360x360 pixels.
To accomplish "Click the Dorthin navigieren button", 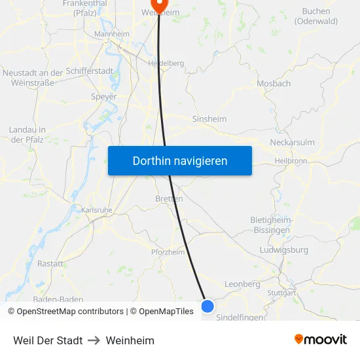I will tap(180, 160).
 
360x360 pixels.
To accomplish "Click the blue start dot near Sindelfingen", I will tap(207, 306).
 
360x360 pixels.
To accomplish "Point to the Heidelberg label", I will tap(166, 63).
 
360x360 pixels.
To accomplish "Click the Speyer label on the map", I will tap(103, 97).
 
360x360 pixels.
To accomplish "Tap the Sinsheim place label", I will tap(209, 119).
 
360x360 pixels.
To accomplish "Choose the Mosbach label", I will tap(274, 84).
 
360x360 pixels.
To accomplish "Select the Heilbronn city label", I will tap(291, 160).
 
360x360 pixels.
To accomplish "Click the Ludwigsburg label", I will tap(283, 250).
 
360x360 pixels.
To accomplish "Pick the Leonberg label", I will tap(242, 285).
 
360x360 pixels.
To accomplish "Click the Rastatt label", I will tap(50, 264).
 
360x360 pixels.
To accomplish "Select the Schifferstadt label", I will tap(90, 71).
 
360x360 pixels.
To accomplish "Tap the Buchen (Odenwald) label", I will tap(315, 16).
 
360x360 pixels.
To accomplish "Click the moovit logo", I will tap(320, 340).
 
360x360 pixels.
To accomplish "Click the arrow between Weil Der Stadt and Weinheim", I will tap(94, 340).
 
